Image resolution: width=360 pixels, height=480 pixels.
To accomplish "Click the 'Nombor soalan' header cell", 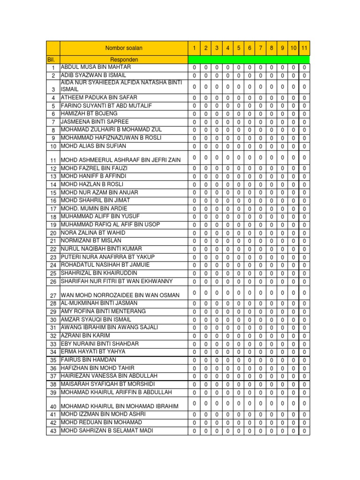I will [124, 48].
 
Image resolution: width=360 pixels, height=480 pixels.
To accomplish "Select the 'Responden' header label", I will [124, 60].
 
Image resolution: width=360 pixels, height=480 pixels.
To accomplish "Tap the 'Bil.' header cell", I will [52, 60].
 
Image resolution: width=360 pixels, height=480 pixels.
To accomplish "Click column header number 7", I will [260, 48].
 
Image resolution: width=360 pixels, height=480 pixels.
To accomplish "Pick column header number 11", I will [304, 48].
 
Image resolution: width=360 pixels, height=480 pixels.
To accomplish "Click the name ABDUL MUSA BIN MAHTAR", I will [96, 67].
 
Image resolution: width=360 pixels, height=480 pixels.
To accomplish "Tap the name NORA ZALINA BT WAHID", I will [93, 232].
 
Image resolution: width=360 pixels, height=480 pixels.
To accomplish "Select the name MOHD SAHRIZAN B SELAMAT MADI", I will [107, 430].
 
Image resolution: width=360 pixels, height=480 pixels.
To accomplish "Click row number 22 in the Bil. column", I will [53, 249].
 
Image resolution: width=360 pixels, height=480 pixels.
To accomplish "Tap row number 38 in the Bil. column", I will [53, 384].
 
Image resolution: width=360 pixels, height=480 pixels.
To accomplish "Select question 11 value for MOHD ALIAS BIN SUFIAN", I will [304, 146].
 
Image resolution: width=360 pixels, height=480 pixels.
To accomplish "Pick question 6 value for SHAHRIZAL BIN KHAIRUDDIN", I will [249, 273].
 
